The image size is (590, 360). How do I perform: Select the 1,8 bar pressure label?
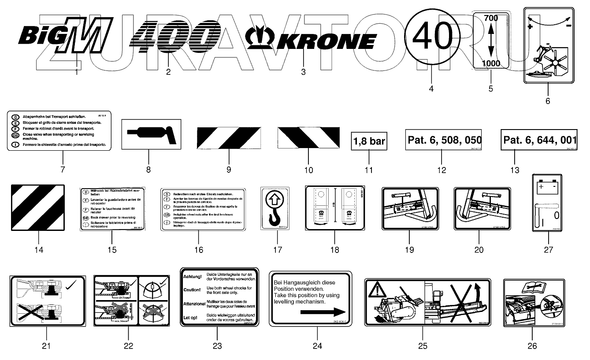[369, 141]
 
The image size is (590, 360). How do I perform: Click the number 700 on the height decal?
[491, 19]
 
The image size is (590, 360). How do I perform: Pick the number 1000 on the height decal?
[491, 63]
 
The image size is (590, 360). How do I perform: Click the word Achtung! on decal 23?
[193, 277]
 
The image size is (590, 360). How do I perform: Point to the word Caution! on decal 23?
[193, 290]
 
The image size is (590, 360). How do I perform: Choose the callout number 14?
[39, 250]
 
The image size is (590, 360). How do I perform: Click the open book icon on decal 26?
[531, 287]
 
